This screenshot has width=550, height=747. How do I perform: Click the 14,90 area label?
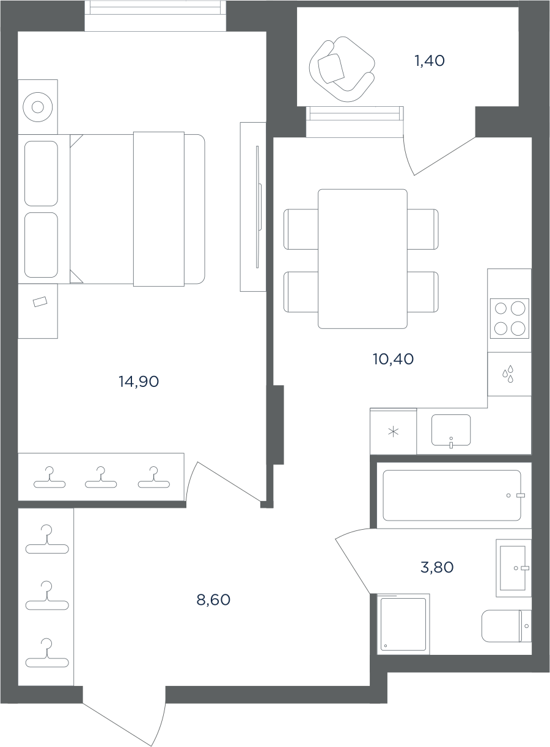(x=139, y=381)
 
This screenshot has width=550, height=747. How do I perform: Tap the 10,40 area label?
(x=393, y=359)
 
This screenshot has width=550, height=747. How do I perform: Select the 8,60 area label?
(x=213, y=600)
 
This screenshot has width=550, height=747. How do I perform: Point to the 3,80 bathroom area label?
(x=437, y=567)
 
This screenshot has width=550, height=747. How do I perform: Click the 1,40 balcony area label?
(x=430, y=60)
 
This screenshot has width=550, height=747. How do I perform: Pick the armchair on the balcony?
(x=342, y=69)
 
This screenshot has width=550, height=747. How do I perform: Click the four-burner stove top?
(x=509, y=319)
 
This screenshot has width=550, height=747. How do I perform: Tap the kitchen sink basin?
(x=451, y=430)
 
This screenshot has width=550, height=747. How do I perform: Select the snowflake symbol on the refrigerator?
(x=394, y=432)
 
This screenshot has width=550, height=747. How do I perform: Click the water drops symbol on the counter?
(x=508, y=374)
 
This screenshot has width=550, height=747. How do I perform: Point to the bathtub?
(x=452, y=496)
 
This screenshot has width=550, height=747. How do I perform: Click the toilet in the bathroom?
(x=506, y=626)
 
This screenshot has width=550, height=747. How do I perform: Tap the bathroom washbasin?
(x=513, y=568)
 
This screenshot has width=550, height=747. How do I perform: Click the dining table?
(x=362, y=259)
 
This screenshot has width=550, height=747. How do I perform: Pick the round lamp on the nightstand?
(x=38, y=107)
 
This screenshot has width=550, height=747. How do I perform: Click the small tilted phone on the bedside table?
(x=40, y=301)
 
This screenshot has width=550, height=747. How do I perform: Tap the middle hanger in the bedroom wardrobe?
(x=101, y=477)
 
